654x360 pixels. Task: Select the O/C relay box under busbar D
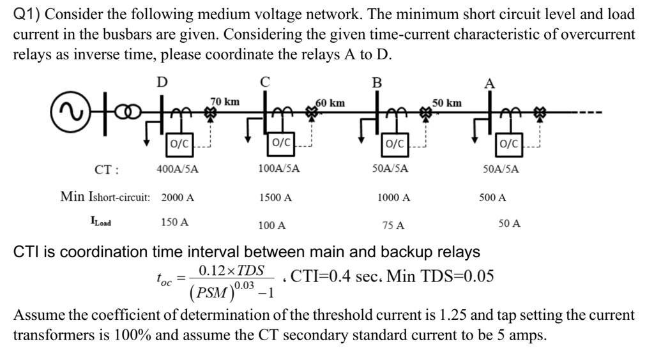tap(178, 144)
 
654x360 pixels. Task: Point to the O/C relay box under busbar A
tap(510, 144)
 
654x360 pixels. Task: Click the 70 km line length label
tap(225, 101)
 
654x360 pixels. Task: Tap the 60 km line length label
tap(330, 102)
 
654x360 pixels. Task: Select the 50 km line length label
tap(447, 102)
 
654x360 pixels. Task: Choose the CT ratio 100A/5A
tap(278, 170)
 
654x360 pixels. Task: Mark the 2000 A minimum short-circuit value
tap(178, 198)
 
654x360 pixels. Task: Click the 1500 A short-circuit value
tap(276, 198)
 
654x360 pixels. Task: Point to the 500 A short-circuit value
tap(492, 198)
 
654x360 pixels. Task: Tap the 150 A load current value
tap(174, 223)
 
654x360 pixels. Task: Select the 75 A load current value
tap(393, 225)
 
